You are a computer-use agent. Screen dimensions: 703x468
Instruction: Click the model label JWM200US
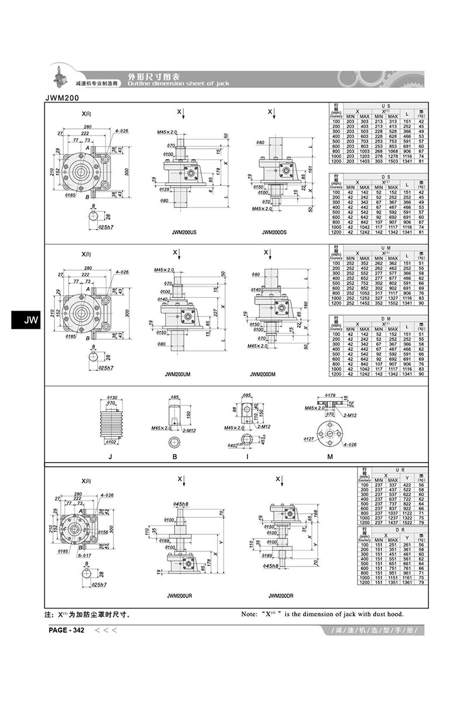184,232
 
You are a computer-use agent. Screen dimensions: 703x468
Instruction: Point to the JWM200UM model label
180,374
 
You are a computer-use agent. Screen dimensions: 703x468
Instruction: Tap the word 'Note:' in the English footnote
251,615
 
